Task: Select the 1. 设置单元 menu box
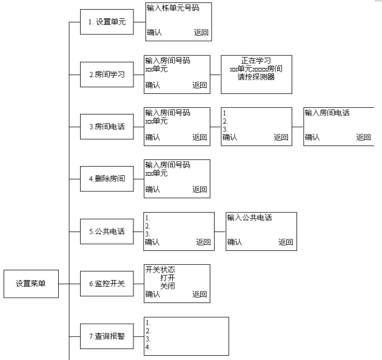click(x=106, y=22)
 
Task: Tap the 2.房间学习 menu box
click(x=106, y=75)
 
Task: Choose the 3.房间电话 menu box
click(x=106, y=127)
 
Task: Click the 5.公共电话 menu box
click(x=106, y=232)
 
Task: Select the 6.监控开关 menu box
click(x=106, y=284)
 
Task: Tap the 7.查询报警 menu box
click(x=106, y=336)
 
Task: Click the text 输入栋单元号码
click(x=173, y=8)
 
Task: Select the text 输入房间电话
click(x=327, y=113)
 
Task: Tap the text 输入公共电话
click(x=249, y=218)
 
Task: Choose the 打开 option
click(x=167, y=278)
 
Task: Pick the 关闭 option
click(x=167, y=285)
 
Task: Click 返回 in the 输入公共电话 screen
click(x=286, y=242)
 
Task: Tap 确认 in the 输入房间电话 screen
click(x=312, y=138)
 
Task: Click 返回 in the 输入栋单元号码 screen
click(x=201, y=33)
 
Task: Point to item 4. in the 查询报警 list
click(x=148, y=348)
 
